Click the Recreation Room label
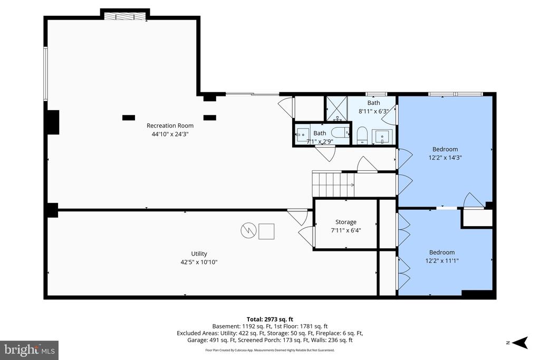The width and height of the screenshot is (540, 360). coord(170,125)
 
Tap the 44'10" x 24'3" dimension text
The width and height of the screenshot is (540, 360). coord(170,134)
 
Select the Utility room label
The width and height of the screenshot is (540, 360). coord(199,254)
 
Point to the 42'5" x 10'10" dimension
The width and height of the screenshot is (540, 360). coord(199,262)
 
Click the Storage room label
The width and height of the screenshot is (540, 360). coord(346,222)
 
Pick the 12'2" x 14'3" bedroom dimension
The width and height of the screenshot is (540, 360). coord(445,158)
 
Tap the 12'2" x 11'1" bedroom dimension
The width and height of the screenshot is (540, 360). coord(442,261)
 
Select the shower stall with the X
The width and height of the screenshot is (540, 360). coord(336,109)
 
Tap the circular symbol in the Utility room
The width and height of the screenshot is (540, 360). coord(249,231)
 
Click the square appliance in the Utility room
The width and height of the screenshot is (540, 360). coord(266,231)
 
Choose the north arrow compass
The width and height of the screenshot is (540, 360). coord(519,343)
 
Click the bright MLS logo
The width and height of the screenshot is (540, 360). coord(30,351)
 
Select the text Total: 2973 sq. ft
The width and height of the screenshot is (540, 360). coord(269,319)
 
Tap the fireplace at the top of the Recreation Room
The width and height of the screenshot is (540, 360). coord(125,16)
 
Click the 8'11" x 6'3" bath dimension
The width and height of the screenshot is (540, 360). coord(374,111)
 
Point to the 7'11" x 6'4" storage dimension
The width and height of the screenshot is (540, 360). coord(346,230)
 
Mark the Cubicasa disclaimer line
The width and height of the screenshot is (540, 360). coord(270,350)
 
